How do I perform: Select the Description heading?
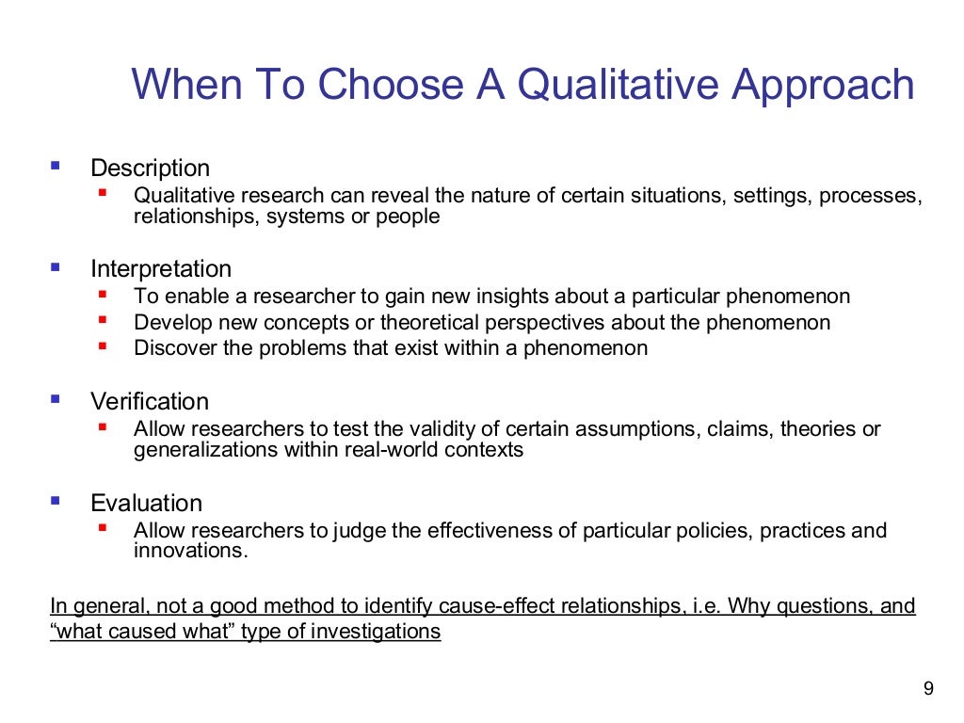(x=150, y=169)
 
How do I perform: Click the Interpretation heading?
(x=160, y=269)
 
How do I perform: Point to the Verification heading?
(x=149, y=401)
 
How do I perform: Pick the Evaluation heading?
(x=146, y=503)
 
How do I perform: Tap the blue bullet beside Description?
(x=55, y=166)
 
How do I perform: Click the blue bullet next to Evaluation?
(x=55, y=500)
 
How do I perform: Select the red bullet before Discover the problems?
(x=103, y=345)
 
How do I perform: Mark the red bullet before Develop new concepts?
(x=103, y=320)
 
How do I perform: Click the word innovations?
(x=190, y=552)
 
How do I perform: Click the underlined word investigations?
(x=375, y=632)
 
